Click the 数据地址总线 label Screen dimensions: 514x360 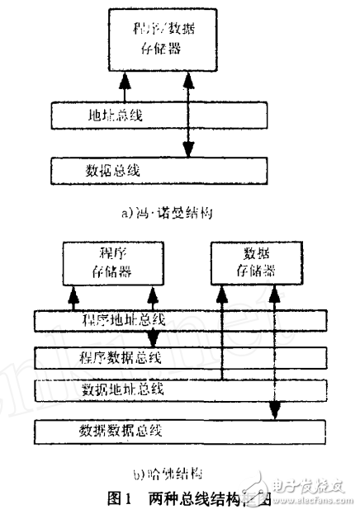pos(121,387)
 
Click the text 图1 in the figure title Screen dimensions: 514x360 pos(121,497)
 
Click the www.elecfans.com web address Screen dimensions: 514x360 pos(320,502)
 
